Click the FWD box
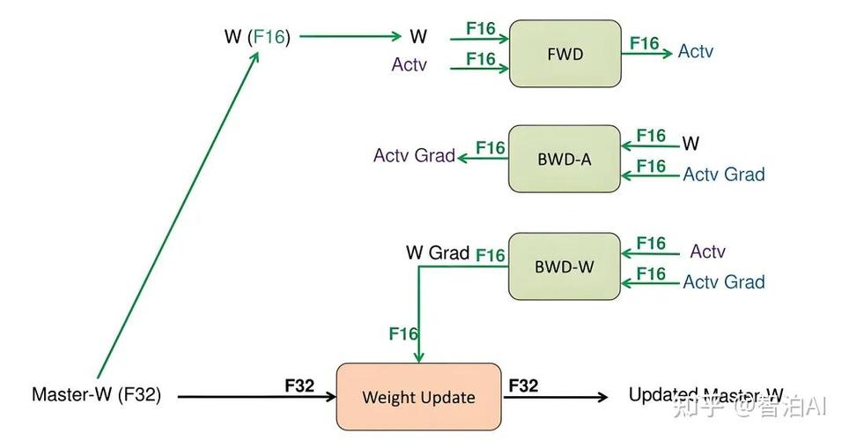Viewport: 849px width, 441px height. (565, 54)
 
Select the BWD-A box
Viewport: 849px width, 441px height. (564, 159)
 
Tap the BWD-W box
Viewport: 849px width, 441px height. (564, 265)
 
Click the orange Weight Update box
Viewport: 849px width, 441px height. (418, 396)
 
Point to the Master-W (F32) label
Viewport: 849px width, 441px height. (96, 395)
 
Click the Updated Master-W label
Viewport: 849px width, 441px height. (705, 395)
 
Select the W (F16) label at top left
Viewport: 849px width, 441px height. (257, 36)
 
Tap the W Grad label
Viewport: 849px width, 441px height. (437, 252)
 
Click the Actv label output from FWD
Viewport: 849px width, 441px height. (695, 52)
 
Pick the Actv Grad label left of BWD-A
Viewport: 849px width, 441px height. (414, 156)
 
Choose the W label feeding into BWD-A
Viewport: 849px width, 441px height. (691, 143)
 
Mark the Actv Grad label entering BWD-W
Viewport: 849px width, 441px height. (723, 282)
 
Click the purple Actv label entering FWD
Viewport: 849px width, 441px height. (410, 64)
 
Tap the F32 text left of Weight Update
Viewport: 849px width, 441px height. (300, 385)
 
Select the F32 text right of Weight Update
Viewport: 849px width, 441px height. (523, 385)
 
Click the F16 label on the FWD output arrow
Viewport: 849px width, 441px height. (644, 43)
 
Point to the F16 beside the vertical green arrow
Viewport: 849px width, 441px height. (403, 333)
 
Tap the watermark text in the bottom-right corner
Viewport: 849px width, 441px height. (749, 407)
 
